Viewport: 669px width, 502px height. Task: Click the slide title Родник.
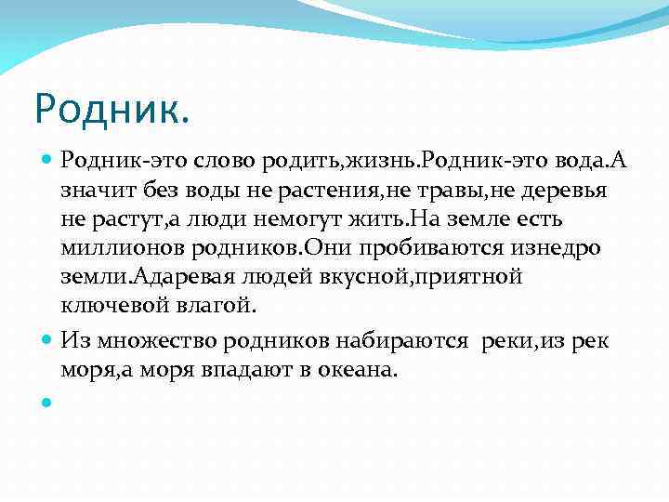112,109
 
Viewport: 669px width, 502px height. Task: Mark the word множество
145,340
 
